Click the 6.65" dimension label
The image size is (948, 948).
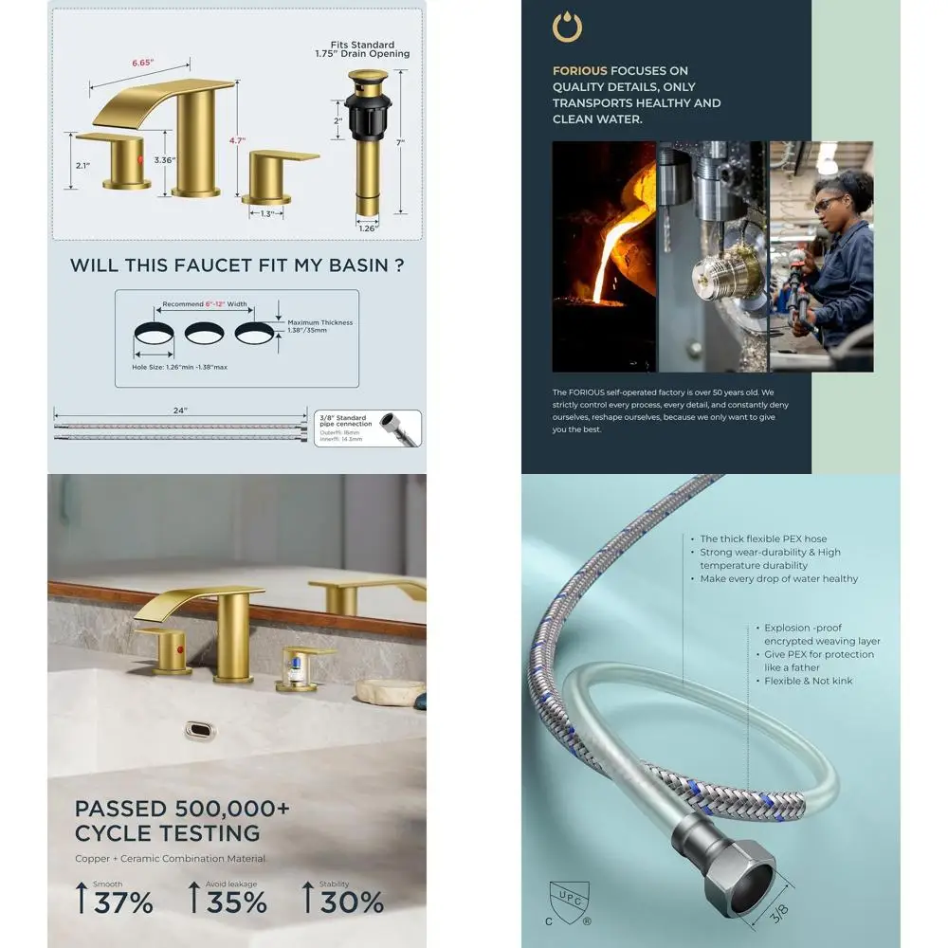click(x=143, y=64)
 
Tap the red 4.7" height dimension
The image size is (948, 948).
click(x=237, y=139)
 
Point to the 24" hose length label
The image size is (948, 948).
click(x=180, y=410)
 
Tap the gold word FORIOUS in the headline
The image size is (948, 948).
click(x=579, y=70)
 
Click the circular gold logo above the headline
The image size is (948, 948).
click(x=567, y=27)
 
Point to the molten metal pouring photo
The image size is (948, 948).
click(x=604, y=256)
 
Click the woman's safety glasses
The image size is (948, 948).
click(x=828, y=203)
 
